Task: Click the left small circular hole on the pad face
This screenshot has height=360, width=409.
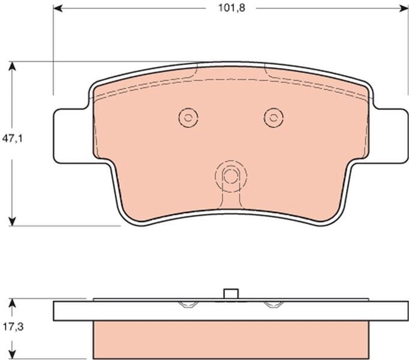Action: click(188, 117)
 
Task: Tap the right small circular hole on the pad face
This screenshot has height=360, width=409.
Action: click(273, 117)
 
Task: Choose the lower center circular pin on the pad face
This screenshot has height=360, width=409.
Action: click(230, 176)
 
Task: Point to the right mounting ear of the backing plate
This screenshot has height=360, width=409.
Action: click(390, 136)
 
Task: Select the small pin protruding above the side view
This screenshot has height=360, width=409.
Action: click(230, 294)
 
